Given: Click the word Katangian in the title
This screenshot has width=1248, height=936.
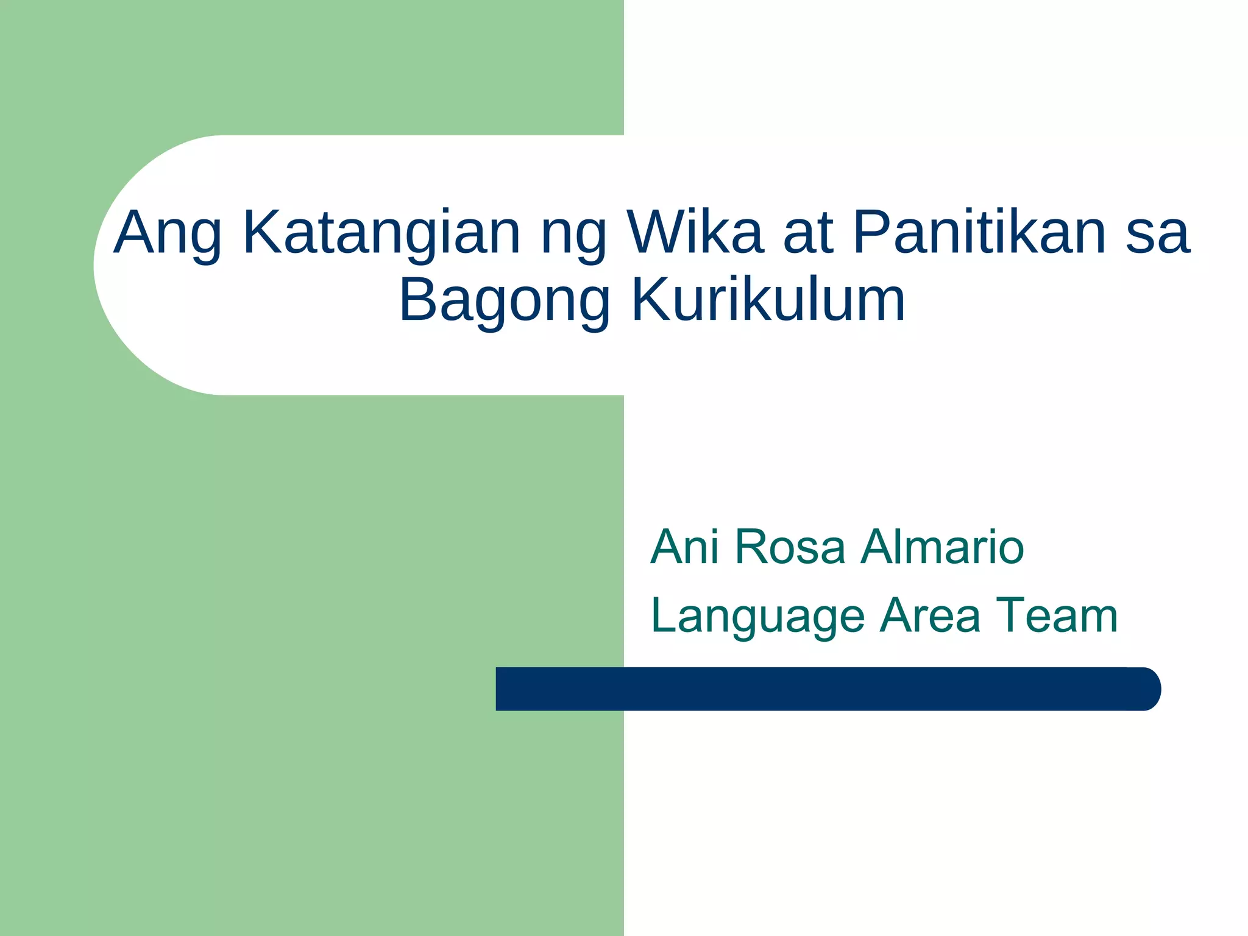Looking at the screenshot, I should [x=381, y=233].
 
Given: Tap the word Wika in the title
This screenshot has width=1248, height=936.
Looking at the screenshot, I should [x=695, y=233].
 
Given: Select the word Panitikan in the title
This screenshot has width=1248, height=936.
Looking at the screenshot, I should [x=979, y=233].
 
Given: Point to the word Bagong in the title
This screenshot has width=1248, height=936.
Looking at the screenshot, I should [x=505, y=300].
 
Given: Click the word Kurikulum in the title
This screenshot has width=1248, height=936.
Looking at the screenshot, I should [x=768, y=300].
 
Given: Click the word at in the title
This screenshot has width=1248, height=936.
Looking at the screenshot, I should [x=808, y=233].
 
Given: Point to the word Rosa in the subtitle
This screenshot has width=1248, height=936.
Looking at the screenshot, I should [x=790, y=547].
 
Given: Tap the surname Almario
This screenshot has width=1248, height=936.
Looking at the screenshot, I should [x=942, y=547].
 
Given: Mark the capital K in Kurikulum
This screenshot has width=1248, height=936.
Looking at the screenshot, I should [x=648, y=300].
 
